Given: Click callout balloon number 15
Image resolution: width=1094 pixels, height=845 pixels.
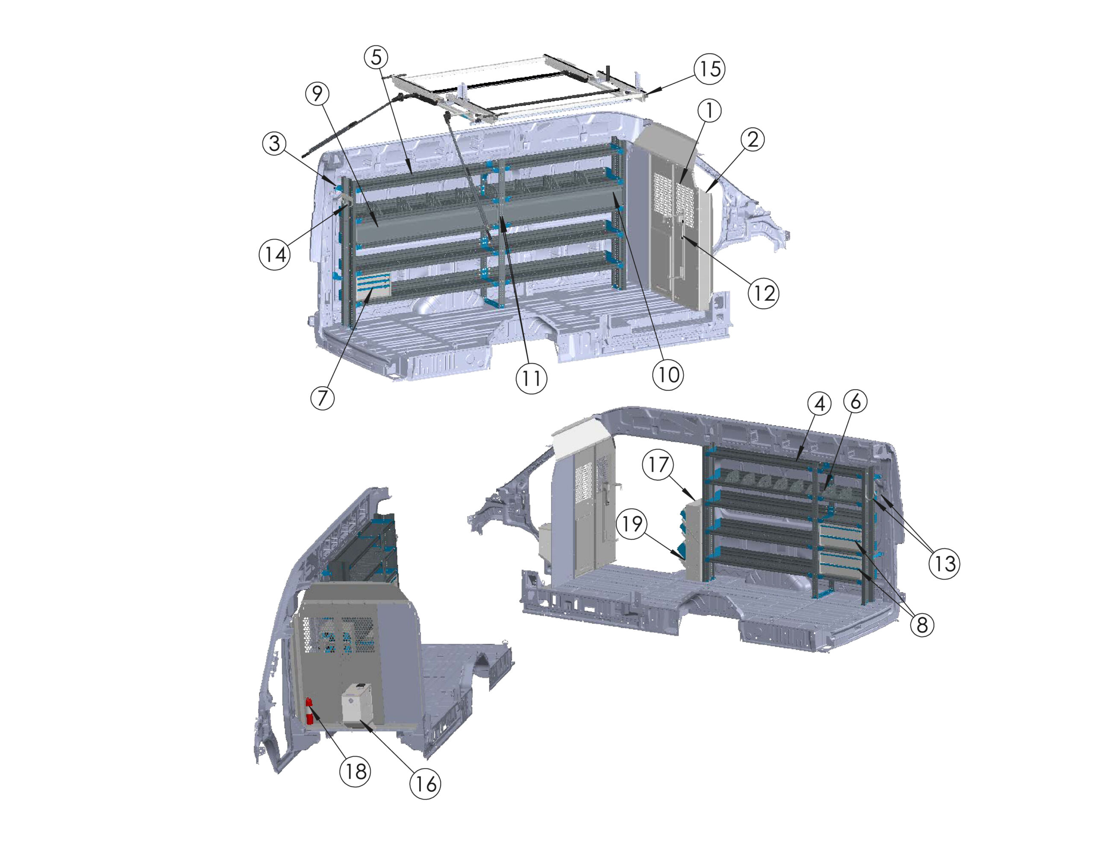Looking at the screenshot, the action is click(x=709, y=69).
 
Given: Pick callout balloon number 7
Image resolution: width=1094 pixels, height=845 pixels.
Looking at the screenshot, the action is click(x=322, y=398).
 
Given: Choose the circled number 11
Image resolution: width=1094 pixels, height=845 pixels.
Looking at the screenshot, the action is click(x=531, y=378).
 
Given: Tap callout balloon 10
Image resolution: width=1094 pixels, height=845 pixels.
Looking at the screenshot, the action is click(x=668, y=374).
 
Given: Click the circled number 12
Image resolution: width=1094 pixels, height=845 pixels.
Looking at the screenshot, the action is click(x=763, y=293).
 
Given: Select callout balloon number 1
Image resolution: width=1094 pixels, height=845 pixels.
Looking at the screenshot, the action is click(x=709, y=111).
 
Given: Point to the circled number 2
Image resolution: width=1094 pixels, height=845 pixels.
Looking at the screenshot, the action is click(x=753, y=140).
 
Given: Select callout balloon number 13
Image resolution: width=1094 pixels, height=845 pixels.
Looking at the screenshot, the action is click(x=944, y=563).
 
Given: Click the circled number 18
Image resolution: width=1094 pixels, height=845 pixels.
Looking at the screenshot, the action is click(x=355, y=771).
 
